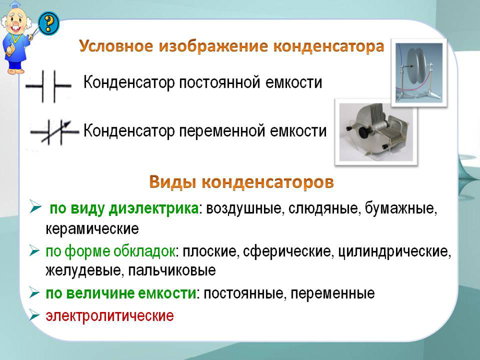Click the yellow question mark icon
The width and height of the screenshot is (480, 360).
coord(48,23)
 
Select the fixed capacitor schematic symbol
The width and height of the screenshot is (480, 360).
coord(48,86)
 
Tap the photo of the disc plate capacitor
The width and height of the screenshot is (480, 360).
coord(419,72)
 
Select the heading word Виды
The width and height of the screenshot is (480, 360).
coord(173,182)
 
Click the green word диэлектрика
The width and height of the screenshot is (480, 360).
coord(154,209)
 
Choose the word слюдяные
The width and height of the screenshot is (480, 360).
coord(323,209)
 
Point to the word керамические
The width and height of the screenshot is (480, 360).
coord(92,228)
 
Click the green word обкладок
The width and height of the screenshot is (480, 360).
coord(144,252)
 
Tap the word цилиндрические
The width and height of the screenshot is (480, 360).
coord(394,252)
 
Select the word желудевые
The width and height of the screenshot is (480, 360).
coord(84,270)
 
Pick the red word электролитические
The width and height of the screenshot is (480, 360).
coord(109,316)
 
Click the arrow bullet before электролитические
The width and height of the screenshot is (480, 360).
coord(35,316)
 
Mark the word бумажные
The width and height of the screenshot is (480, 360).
coord(401,209)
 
